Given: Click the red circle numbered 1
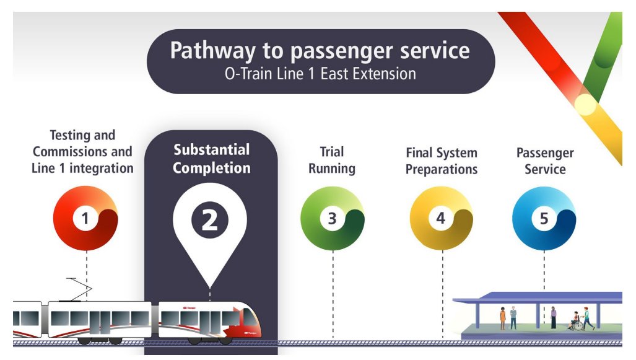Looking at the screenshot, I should click(85, 218).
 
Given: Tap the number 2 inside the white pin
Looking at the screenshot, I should click(210, 219).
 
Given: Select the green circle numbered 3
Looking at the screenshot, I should click(333, 218).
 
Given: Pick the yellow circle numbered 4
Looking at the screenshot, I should click(441, 218).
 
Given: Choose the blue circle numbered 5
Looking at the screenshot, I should click(544, 218).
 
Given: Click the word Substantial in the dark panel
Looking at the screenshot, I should click(211, 150).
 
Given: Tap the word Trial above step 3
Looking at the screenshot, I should click(332, 152).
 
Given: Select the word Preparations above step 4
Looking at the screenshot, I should click(442, 169).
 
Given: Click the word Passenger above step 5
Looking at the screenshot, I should click(545, 152).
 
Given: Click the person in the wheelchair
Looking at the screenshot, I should click(575, 322).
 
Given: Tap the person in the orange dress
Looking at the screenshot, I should click(503, 318).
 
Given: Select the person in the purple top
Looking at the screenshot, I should click(554, 317).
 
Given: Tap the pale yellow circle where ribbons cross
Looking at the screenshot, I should click(585, 105).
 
